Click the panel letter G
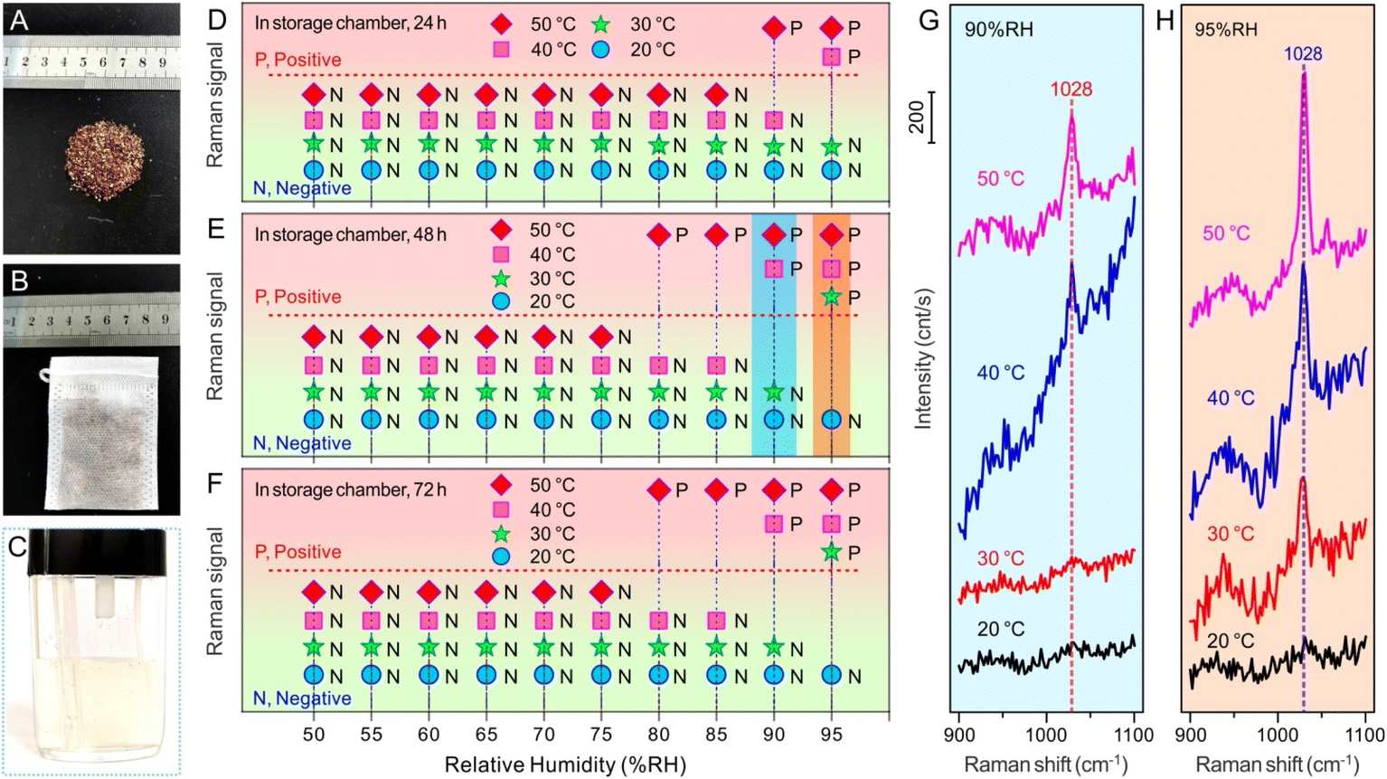929,21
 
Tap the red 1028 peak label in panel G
1071,90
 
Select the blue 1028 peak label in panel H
1303,54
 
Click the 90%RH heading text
998,30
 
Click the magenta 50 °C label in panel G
999,179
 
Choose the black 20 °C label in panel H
1231,641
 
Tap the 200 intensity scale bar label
917,118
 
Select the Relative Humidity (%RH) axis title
565,765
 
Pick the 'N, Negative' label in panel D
302,188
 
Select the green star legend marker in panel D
600,25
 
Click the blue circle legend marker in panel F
500,556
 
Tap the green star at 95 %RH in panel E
831,298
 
